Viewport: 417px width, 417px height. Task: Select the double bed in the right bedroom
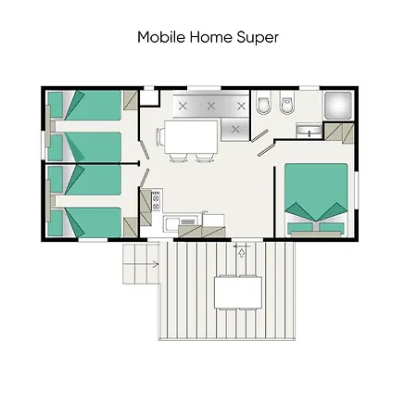point(316,196)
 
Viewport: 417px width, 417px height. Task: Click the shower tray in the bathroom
point(336,105)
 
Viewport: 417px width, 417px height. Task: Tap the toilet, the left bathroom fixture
point(262,105)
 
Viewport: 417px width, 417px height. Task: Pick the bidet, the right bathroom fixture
point(286,105)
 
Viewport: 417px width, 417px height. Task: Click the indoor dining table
point(191,137)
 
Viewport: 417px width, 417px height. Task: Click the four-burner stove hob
point(155,198)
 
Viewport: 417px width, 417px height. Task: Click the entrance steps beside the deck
point(142,266)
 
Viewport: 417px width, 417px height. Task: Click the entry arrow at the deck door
point(242,249)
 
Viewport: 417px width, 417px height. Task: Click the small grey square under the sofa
point(236,129)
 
